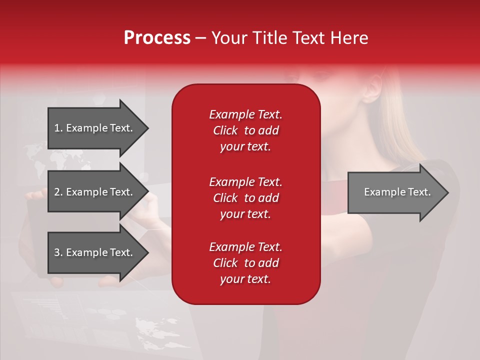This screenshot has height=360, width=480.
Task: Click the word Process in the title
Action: pyautogui.click(x=157, y=38)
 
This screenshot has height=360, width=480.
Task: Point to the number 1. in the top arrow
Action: pyautogui.click(x=58, y=128)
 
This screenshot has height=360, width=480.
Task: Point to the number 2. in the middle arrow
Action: pyautogui.click(x=58, y=192)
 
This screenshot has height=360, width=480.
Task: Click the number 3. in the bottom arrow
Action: pyautogui.click(x=58, y=252)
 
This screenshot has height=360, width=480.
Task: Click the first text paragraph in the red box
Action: pyautogui.click(x=245, y=130)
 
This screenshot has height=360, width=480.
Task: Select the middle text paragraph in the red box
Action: pyautogui.click(x=245, y=198)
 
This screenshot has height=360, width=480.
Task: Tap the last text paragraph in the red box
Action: pyautogui.click(x=245, y=263)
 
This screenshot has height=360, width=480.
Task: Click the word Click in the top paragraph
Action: pyautogui.click(x=225, y=130)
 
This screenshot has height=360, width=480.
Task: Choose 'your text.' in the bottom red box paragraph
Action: pyautogui.click(x=245, y=279)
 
